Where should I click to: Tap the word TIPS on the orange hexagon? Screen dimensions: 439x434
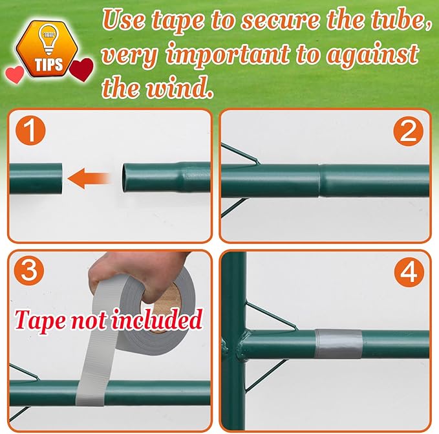49,65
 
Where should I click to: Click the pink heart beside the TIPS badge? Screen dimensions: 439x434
15,74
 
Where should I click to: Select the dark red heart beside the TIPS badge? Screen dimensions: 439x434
81,69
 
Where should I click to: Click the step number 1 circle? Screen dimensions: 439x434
30,131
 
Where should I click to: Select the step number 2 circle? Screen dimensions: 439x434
408,131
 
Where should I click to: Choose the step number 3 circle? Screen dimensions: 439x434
29,271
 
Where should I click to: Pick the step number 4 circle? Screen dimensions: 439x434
409,272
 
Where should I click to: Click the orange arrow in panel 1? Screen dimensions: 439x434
88,179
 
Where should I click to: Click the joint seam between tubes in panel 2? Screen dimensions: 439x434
320,180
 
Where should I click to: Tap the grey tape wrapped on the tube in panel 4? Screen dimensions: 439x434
339,343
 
